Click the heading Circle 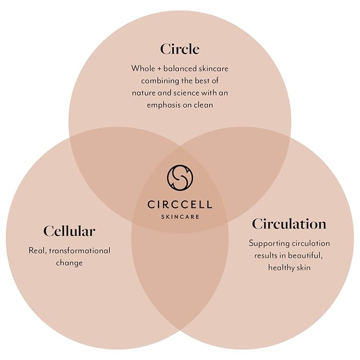tap(180, 49)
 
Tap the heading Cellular tap(69, 231)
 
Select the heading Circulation tap(289, 224)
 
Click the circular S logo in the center tap(180, 178)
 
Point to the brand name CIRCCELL tap(180, 205)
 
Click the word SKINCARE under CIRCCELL tap(180, 217)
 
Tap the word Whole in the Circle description tap(143, 68)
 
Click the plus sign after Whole tap(159, 69)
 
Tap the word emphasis tap(163, 105)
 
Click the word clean tap(204, 105)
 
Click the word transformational tap(80, 250)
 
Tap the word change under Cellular tap(69, 263)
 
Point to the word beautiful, tap(305, 256)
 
